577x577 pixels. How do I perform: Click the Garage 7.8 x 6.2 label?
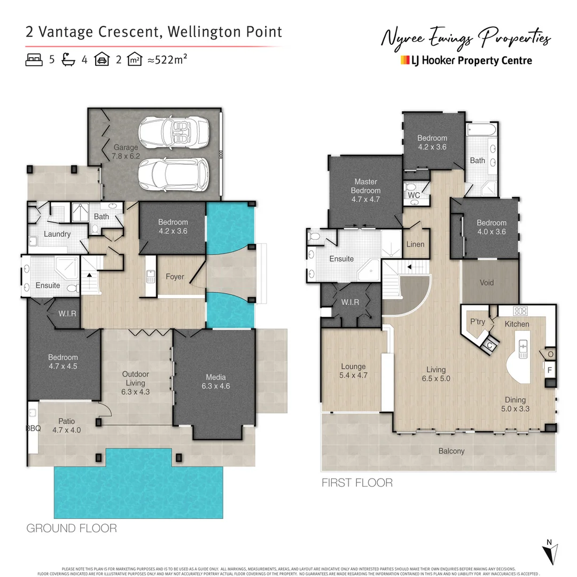click(x=126, y=152)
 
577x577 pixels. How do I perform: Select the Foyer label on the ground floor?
click(x=175, y=277)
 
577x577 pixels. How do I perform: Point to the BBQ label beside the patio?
click(x=33, y=429)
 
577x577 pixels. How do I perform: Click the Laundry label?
click(x=57, y=234)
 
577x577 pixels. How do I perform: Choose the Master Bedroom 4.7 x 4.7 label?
click(x=365, y=191)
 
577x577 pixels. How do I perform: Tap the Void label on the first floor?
click(x=487, y=283)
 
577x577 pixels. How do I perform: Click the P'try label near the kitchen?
click(x=477, y=322)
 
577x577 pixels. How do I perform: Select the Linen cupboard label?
click(x=415, y=245)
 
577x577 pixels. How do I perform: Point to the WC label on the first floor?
click(x=414, y=196)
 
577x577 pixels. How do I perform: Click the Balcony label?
click(x=451, y=451)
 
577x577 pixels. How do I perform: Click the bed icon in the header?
click(x=34, y=60)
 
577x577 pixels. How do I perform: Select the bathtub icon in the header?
click(x=68, y=60)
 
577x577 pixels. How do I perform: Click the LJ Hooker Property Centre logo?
click(x=466, y=60)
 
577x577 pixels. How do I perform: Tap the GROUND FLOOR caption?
click(x=72, y=528)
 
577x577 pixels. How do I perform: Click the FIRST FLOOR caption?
click(x=356, y=483)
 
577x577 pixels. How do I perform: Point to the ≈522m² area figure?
click(x=167, y=60)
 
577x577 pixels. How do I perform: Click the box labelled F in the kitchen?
click(x=549, y=369)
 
